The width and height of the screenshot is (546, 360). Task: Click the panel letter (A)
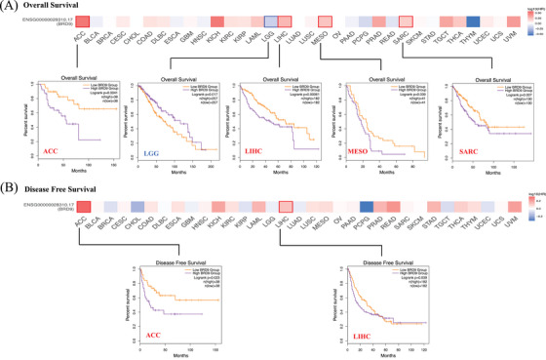coord(10,6)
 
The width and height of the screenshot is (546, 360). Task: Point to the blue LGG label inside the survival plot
coord(150,154)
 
